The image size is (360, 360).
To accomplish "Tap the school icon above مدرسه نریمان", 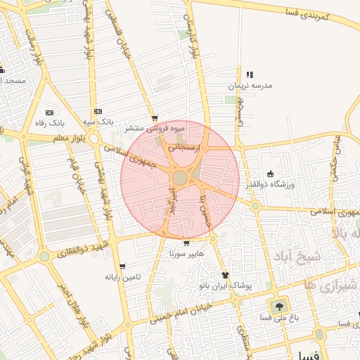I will [x=249, y=75].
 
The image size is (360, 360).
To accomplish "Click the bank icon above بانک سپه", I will [x=98, y=112].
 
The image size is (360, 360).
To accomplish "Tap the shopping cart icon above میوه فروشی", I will [x=155, y=119].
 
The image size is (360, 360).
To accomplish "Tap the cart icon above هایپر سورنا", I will [x=186, y=243].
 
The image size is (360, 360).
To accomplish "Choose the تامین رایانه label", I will [x=122, y=277].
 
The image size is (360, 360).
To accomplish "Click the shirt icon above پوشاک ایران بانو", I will [x=225, y=275].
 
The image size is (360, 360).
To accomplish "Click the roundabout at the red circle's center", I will [x=180, y=179].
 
